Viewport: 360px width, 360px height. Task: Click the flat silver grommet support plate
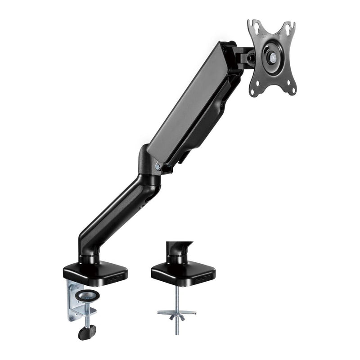tap(176, 312)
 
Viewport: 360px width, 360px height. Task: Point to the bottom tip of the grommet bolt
tap(176, 333)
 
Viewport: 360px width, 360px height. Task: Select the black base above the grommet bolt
tap(183, 271)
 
